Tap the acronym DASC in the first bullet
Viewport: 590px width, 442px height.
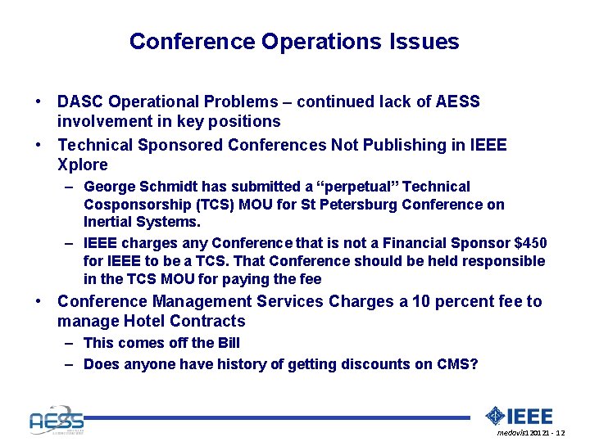click(80, 102)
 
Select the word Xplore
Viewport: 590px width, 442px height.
click(82, 165)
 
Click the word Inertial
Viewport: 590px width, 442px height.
click(107, 222)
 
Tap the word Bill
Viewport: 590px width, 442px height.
click(227, 343)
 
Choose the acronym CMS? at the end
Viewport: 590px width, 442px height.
click(459, 364)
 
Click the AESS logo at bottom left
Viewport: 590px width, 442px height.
click(56, 419)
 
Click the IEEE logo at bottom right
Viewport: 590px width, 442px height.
click(520, 416)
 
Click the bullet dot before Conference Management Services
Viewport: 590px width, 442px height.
click(39, 302)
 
